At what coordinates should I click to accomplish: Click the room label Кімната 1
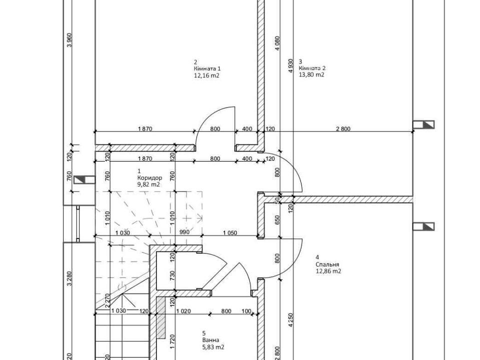click(x=207, y=68)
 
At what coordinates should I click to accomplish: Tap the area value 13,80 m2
click(x=311, y=74)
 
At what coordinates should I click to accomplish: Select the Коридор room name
click(x=149, y=177)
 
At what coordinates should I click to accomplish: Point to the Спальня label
click(x=327, y=264)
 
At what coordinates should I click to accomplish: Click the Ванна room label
click(x=210, y=340)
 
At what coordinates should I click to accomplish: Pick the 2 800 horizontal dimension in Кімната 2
click(x=343, y=129)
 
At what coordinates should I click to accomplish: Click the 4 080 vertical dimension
click(x=277, y=43)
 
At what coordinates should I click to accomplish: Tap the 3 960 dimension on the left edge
click(x=69, y=40)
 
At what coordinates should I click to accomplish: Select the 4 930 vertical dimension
click(x=291, y=65)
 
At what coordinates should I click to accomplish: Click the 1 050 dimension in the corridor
click(x=230, y=232)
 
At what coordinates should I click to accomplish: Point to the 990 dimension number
click(x=184, y=232)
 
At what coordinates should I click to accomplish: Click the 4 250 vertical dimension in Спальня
click(x=291, y=320)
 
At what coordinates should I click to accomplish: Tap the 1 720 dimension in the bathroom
click(x=172, y=342)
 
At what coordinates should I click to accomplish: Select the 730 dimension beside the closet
click(x=172, y=276)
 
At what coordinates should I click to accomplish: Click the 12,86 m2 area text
click(x=328, y=271)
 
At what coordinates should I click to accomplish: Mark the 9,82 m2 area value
click(x=148, y=184)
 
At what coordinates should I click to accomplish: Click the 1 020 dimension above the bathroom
click(x=183, y=311)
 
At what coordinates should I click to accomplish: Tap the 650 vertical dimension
click(x=277, y=220)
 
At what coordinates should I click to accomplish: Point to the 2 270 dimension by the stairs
click(x=107, y=300)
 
